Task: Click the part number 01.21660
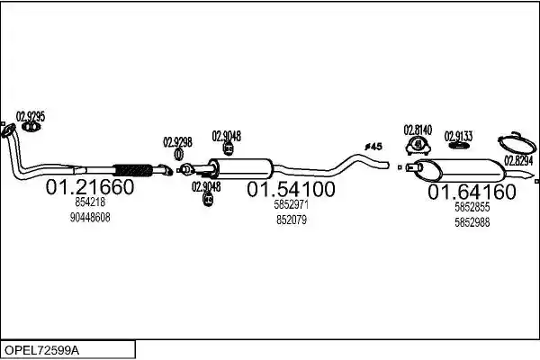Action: (x=90, y=187)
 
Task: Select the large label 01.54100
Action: (x=291, y=190)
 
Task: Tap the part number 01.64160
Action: (x=472, y=192)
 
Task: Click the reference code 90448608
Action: (x=90, y=218)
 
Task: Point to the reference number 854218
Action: (x=90, y=202)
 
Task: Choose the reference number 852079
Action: (x=292, y=220)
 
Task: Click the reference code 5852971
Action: (x=292, y=204)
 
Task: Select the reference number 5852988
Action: (x=472, y=222)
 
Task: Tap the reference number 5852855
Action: (x=472, y=207)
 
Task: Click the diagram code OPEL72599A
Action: (x=41, y=351)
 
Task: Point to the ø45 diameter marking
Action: (x=373, y=147)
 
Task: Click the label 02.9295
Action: (x=31, y=116)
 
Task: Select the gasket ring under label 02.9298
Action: (x=178, y=154)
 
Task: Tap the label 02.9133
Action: (x=458, y=136)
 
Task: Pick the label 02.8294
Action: (x=518, y=160)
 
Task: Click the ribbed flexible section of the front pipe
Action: (x=133, y=170)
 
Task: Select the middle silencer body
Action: (x=241, y=169)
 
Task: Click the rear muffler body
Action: (x=459, y=170)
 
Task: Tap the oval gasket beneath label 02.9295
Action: (x=31, y=127)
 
